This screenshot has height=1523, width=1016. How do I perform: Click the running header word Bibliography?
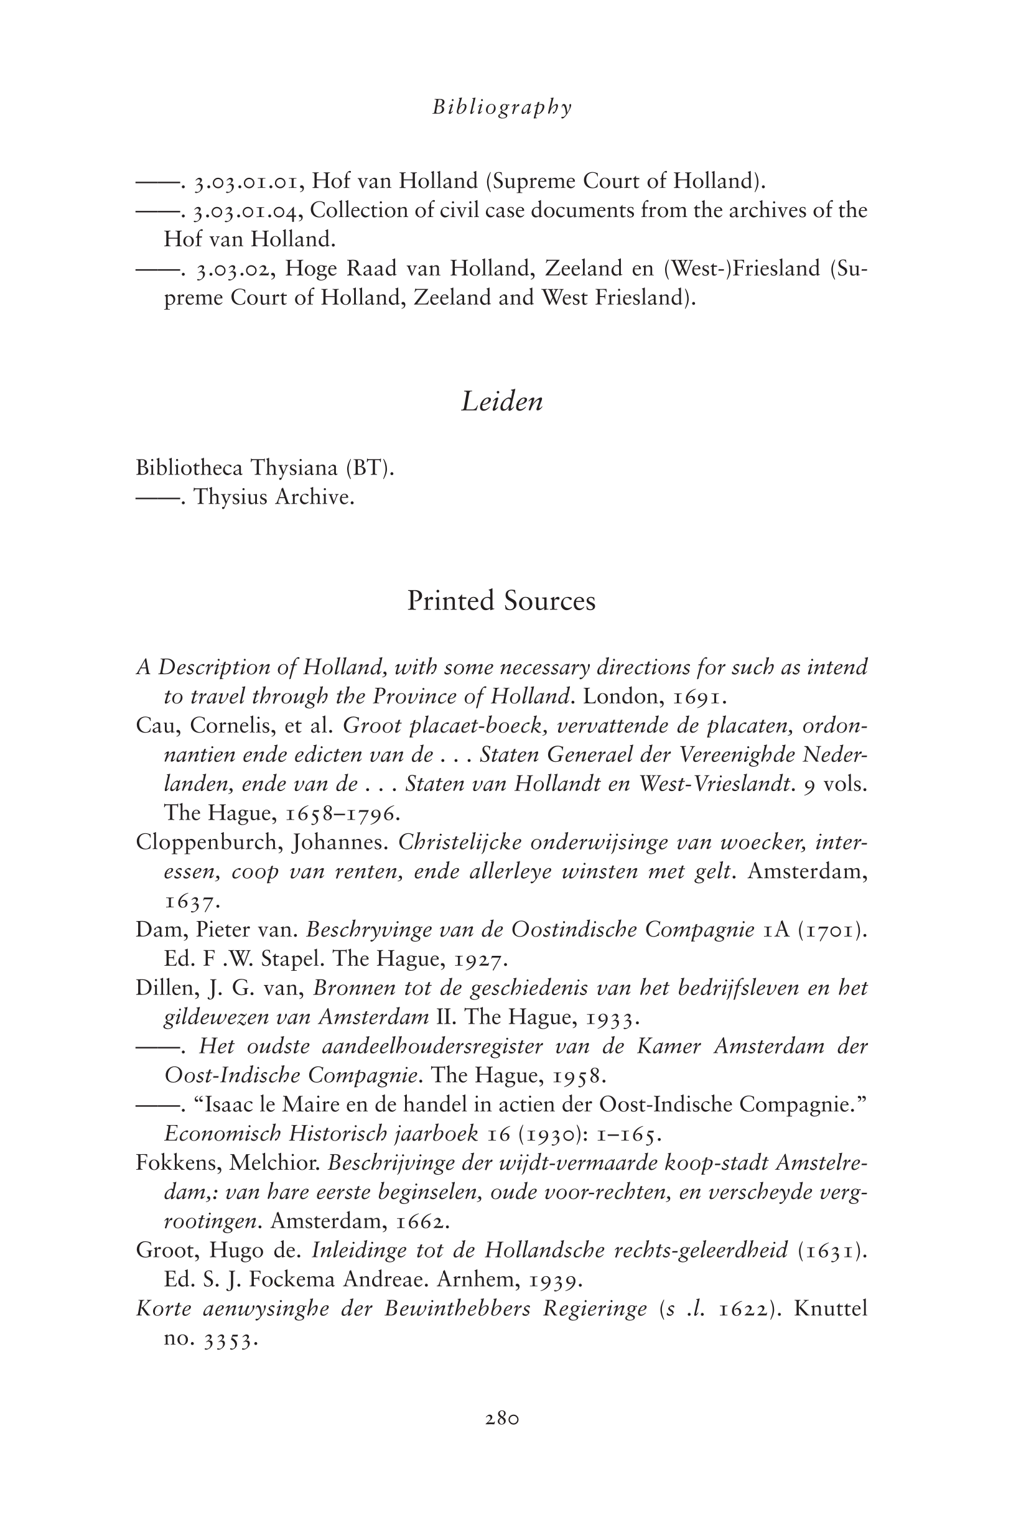502,108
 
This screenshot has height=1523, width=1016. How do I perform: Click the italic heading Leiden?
502,402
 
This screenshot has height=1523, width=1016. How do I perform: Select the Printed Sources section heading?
501,601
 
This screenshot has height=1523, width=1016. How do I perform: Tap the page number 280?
502,1419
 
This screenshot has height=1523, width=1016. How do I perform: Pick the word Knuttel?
830,1308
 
